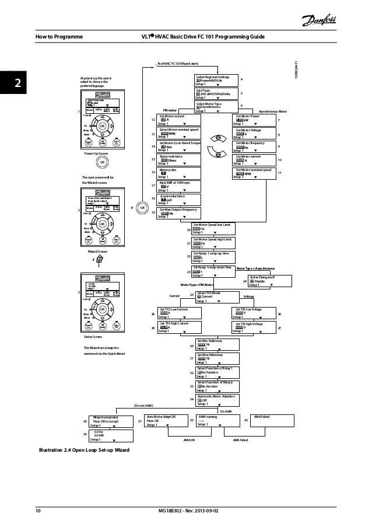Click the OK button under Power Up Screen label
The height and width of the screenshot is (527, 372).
[102, 162]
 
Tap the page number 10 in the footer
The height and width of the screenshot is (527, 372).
[38, 512]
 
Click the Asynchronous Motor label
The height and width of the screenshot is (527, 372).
[273, 110]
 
